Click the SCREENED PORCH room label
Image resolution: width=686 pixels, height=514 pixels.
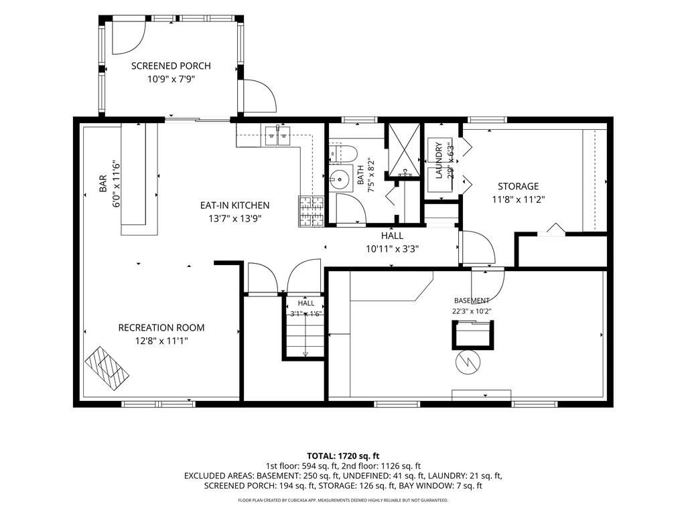(171, 66)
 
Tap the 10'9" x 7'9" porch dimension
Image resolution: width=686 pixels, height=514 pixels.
(171, 79)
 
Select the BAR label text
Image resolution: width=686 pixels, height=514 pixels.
(103, 183)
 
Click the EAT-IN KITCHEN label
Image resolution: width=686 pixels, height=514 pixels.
(235, 205)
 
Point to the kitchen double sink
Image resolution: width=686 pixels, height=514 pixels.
(277, 135)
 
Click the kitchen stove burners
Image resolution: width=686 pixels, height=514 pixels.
(312, 211)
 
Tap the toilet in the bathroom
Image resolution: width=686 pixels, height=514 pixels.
(343, 153)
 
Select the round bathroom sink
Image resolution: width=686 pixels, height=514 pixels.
(341, 178)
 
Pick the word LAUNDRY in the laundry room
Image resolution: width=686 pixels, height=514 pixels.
(439, 161)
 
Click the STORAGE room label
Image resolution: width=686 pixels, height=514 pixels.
(518, 187)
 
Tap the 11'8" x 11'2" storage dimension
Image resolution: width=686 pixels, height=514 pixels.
(518, 199)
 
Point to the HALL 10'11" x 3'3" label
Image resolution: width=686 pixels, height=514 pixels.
(393, 242)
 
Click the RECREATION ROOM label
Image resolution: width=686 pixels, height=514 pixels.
(161, 328)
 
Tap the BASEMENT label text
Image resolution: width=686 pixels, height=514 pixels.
(472, 301)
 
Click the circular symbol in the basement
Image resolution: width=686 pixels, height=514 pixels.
(468, 362)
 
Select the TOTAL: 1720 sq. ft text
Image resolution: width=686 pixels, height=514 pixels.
(343, 456)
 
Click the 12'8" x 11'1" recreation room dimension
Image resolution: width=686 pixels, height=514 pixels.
(161, 341)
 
